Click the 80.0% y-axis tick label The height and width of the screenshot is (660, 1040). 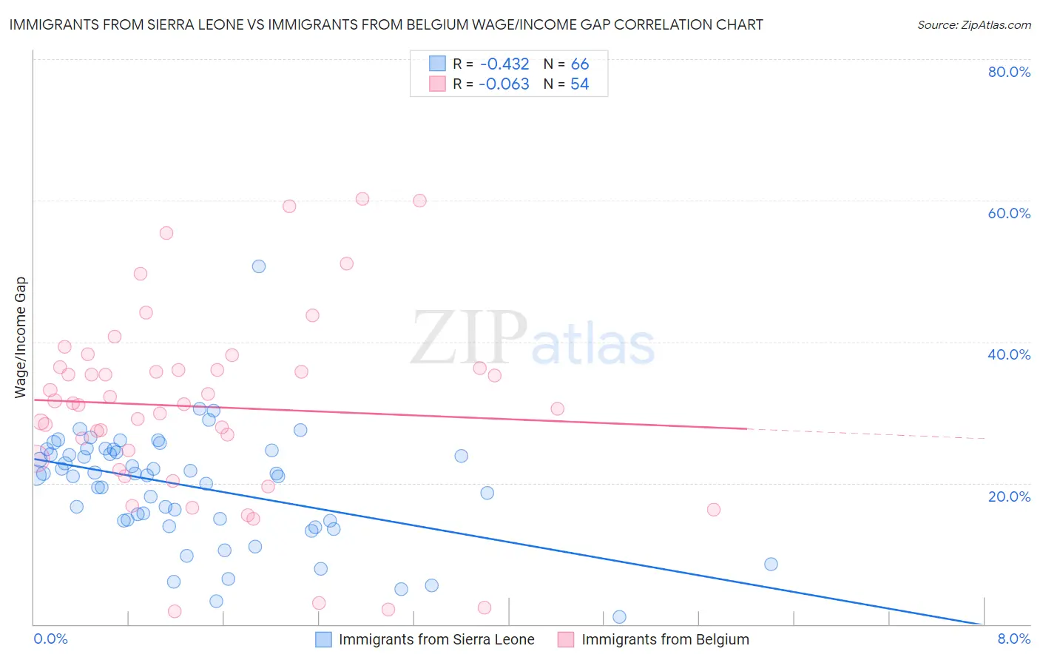pyautogui.click(x=1009, y=72)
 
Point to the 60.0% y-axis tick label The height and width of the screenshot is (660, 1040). pyautogui.click(x=1009, y=213)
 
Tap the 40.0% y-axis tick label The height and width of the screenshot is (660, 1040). pyautogui.click(x=1009, y=354)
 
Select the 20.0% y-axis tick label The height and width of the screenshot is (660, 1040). pyautogui.click(x=1009, y=496)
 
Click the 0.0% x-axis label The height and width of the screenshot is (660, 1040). pyautogui.click(x=50, y=639)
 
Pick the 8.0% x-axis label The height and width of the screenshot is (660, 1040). pyautogui.click(x=1013, y=639)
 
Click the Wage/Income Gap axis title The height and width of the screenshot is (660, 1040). pyautogui.click(x=21, y=337)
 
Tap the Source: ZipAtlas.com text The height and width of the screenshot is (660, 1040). pyautogui.click(x=973, y=25)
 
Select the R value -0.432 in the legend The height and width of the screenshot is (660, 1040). pyautogui.click(x=504, y=64)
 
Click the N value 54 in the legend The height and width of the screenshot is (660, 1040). pyautogui.click(x=579, y=84)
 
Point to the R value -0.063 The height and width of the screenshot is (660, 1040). pyautogui.click(x=504, y=84)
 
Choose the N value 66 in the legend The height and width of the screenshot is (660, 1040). pyautogui.click(x=579, y=64)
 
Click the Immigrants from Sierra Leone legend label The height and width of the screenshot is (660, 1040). pyautogui.click(x=436, y=639)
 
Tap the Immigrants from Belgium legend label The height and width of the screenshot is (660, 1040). pyautogui.click(x=665, y=639)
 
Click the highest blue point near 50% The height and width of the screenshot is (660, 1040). pyautogui.click(x=259, y=266)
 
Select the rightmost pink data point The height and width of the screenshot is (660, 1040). pyautogui.click(x=714, y=509)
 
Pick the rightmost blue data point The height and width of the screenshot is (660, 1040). pyautogui.click(x=771, y=564)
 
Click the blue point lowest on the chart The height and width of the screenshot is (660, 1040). pyautogui.click(x=619, y=617)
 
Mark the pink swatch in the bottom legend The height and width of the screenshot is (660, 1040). pyautogui.click(x=566, y=639)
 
